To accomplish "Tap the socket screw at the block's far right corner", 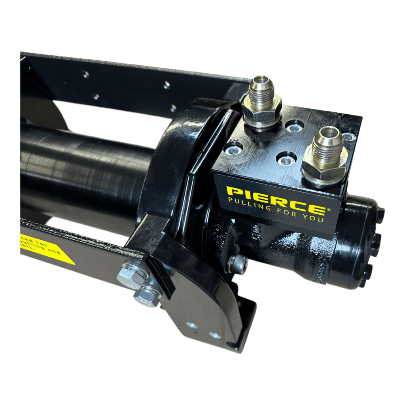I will [348, 136].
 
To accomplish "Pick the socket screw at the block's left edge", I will [233, 149].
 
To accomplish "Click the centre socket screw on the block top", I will [287, 159].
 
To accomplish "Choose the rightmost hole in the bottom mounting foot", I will [215, 335].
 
